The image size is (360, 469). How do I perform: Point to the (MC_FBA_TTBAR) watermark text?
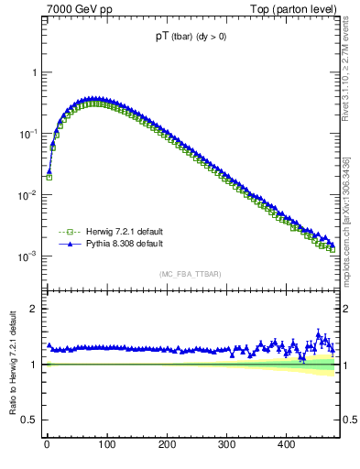pos(191,274)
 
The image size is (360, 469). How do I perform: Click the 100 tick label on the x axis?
pos(106,444)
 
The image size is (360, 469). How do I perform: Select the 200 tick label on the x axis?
pos(166,444)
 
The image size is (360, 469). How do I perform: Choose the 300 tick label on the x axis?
pos(226,444)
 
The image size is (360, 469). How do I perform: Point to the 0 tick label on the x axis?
pos(47,444)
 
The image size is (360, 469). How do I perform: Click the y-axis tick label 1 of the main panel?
pos(35,72)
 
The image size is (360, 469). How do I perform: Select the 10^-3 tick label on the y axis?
pos(29,256)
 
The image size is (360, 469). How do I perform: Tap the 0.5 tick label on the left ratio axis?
pos(31,420)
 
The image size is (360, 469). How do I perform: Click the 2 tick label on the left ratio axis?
pos(35,309)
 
